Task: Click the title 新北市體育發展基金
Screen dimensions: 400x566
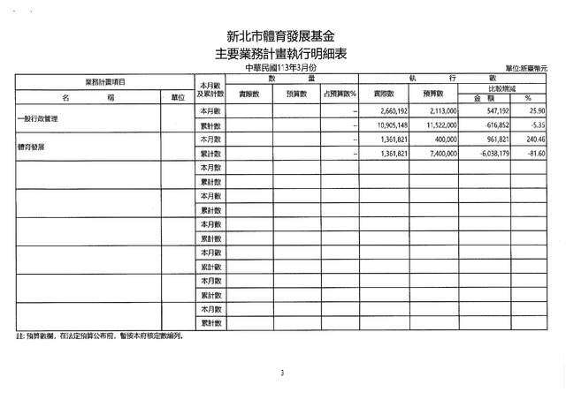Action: click(x=281, y=36)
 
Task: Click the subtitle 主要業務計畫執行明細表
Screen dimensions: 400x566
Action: click(x=281, y=54)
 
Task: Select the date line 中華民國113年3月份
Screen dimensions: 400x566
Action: click(x=281, y=68)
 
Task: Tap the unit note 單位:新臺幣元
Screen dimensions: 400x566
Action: click(x=526, y=69)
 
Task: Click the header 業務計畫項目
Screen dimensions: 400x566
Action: click(x=104, y=81)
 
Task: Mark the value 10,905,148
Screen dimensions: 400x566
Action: click(x=388, y=126)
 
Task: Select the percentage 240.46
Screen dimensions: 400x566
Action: click(x=534, y=140)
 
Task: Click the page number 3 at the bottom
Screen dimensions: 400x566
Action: click(x=282, y=374)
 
